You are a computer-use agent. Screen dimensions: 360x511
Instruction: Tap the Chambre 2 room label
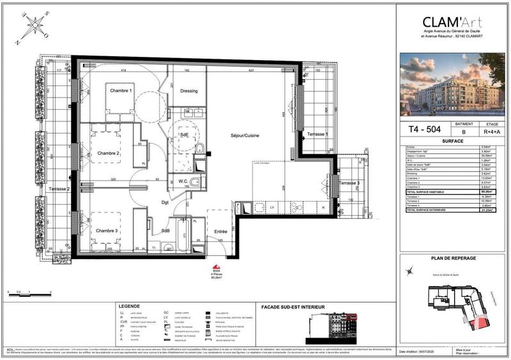[x=109, y=153]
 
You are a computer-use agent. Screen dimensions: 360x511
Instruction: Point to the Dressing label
[x=188, y=91]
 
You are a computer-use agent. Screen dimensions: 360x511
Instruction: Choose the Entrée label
[x=220, y=231]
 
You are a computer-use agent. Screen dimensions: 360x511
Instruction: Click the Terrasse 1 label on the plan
[x=317, y=134]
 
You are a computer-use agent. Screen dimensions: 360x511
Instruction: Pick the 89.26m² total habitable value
[x=487, y=191]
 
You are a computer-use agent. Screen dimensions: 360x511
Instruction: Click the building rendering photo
[x=452, y=84]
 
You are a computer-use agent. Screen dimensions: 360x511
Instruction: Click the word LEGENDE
[x=132, y=307]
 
